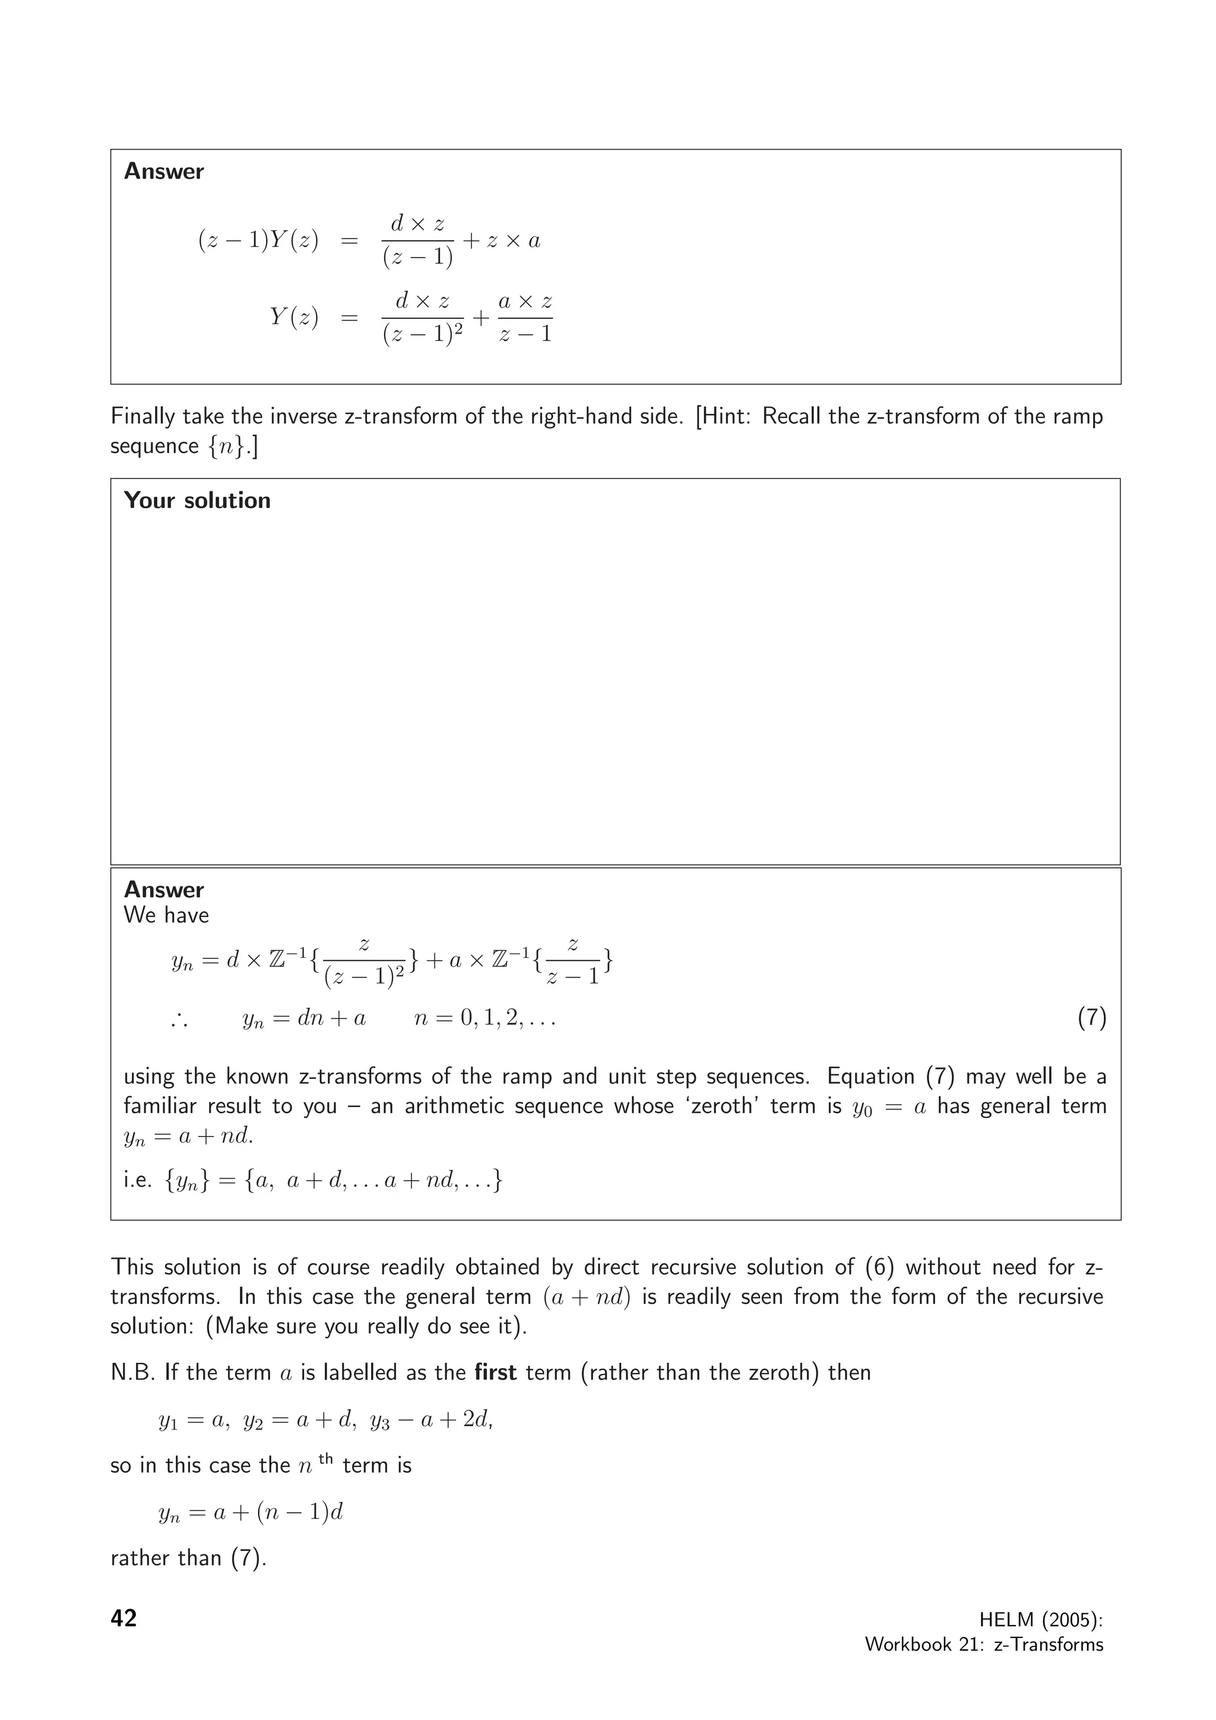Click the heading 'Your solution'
(x=197, y=500)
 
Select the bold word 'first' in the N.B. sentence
(x=495, y=1372)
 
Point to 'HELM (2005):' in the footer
(x=1041, y=1620)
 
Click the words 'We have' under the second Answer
(x=166, y=915)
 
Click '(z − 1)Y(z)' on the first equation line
(x=258, y=240)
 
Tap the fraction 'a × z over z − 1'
(x=525, y=318)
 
